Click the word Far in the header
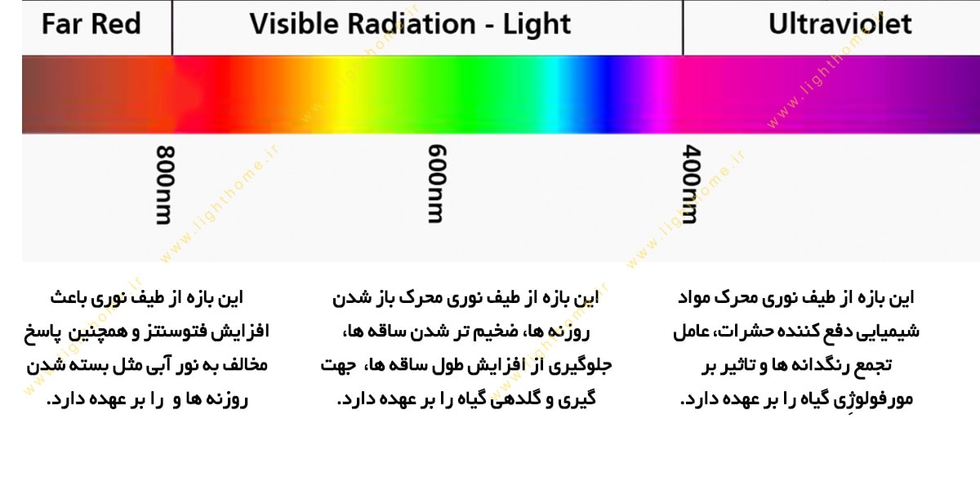[x=60, y=24]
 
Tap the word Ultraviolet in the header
[x=840, y=24]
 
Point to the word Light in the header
[x=537, y=24]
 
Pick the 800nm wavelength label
[x=165, y=185]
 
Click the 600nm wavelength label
[x=437, y=184]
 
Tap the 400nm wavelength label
[x=691, y=184]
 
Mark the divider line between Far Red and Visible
[x=172, y=28]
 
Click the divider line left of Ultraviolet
[x=683, y=28]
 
